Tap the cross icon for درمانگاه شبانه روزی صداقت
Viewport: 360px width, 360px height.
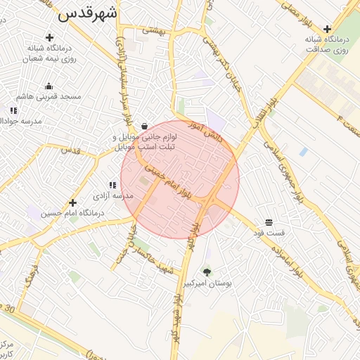(327, 29)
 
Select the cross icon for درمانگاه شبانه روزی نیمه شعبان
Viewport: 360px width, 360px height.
(49, 37)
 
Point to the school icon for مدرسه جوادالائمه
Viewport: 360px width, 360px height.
(13, 110)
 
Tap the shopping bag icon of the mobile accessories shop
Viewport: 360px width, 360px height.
(144, 126)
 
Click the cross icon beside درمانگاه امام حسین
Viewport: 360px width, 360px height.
(72, 203)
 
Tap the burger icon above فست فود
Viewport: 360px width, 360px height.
(269, 222)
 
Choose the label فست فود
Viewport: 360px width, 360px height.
(270, 232)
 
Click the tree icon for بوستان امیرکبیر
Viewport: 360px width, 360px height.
(207, 272)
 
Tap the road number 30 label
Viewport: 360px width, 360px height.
(9, 309)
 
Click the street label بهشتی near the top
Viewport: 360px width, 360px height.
(154, 30)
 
